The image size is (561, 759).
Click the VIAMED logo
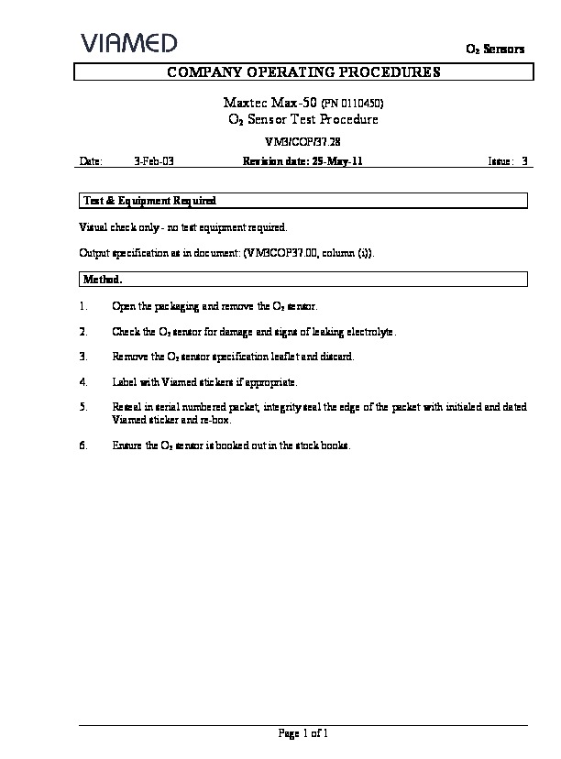[128, 43]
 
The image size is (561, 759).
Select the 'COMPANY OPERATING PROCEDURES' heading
[302, 71]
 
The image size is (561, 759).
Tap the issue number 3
[524, 160]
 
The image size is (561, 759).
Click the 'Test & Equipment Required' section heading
[149, 200]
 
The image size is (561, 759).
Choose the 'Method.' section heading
[103, 279]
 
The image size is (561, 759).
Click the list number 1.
[83, 306]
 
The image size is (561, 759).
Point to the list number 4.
[83, 380]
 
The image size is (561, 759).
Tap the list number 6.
[83, 445]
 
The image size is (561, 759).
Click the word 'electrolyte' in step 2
[372, 331]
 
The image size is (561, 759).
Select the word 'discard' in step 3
[335, 356]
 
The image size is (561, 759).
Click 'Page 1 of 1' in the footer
[302, 733]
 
